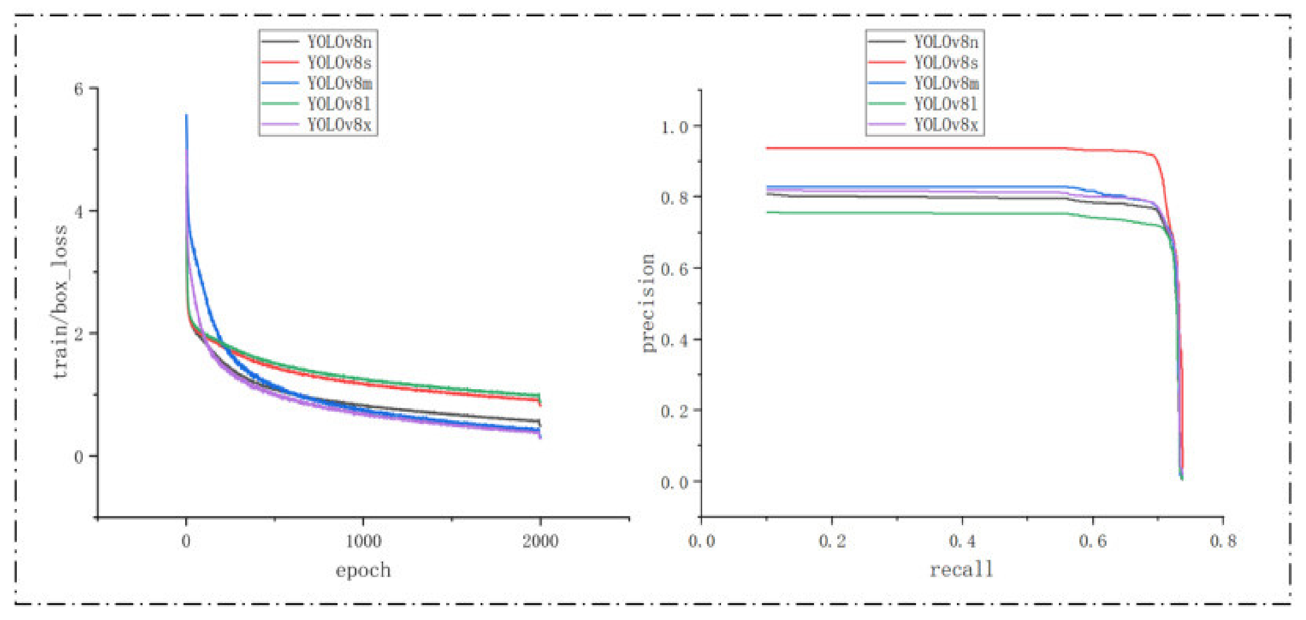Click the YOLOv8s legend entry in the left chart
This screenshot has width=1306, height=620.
(x=339, y=62)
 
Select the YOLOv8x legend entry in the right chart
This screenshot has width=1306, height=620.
(x=945, y=124)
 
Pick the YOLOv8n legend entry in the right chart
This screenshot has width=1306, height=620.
(x=945, y=41)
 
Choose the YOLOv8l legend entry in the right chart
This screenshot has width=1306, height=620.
(x=945, y=104)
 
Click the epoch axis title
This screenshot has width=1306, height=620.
(x=363, y=570)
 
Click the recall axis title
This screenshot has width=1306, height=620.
(x=961, y=570)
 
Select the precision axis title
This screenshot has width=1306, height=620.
(x=648, y=303)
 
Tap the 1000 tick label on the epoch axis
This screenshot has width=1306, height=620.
(x=363, y=541)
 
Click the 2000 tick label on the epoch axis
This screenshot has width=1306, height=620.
(x=540, y=541)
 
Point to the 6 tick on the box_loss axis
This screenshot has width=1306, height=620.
(x=79, y=89)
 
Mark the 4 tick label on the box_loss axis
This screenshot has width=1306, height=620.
(x=79, y=212)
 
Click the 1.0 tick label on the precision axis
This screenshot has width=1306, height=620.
(x=674, y=126)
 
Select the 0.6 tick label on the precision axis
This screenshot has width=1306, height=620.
(x=674, y=269)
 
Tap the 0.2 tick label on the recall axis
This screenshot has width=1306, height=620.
(x=832, y=541)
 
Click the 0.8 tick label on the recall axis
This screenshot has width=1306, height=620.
(x=1223, y=541)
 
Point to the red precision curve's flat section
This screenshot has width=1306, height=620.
(x=913, y=149)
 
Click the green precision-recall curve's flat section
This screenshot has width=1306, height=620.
(x=913, y=213)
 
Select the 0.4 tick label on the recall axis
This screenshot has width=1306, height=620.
(x=962, y=541)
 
